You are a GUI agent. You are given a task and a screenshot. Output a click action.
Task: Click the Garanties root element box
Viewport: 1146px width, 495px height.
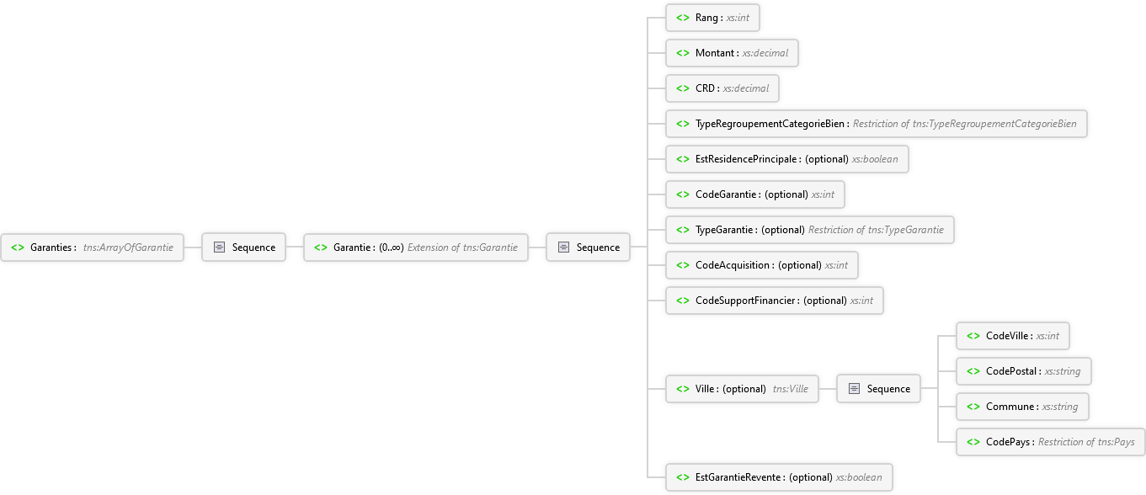tap(92, 247)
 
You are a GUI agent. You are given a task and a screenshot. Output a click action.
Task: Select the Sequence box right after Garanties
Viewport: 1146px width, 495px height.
tap(243, 247)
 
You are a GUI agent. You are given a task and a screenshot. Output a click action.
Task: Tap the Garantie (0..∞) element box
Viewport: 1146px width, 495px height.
tap(415, 247)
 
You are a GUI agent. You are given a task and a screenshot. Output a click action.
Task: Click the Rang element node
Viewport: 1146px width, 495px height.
tap(712, 18)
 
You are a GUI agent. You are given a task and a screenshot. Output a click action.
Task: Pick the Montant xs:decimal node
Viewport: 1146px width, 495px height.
tap(732, 53)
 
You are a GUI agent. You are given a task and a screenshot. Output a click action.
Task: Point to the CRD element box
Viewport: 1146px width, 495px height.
tap(722, 88)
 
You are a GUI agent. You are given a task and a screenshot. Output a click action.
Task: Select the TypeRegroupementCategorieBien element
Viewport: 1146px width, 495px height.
tap(876, 124)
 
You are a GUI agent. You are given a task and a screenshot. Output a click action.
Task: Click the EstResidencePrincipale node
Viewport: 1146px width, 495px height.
tap(786, 159)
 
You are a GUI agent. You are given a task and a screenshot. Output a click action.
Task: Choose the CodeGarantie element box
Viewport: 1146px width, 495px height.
tap(754, 194)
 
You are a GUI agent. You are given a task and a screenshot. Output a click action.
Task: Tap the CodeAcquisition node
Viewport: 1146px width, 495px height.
tap(761, 265)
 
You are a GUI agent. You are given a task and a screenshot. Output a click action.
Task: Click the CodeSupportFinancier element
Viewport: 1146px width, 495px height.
tap(774, 301)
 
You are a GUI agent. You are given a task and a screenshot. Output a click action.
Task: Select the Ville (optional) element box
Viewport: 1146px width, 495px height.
tap(742, 389)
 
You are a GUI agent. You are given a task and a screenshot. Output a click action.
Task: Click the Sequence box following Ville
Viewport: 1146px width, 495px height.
tap(878, 389)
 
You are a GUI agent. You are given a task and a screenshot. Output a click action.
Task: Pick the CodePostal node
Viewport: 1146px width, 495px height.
tap(1023, 371)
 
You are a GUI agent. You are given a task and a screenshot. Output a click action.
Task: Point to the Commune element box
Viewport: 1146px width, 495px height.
tap(1022, 407)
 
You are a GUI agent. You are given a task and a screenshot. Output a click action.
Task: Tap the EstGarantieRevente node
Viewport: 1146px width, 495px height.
tap(779, 477)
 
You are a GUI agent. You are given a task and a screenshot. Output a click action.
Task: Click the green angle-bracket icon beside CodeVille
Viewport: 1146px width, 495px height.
tap(973, 336)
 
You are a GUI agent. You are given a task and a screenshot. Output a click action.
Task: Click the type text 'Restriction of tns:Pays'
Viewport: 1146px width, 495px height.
tap(1086, 442)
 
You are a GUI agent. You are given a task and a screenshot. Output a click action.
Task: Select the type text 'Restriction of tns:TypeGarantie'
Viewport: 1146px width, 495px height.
tap(876, 230)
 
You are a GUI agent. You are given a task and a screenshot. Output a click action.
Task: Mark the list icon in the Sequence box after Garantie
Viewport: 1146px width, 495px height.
tap(563, 247)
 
